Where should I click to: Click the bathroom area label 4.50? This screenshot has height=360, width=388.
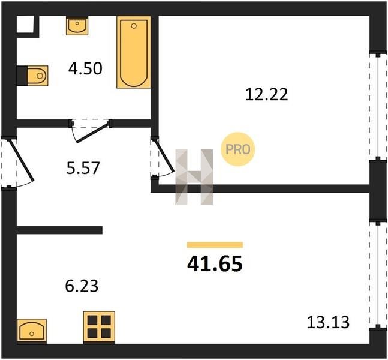point(85,68)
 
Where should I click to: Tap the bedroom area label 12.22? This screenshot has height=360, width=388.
point(266,95)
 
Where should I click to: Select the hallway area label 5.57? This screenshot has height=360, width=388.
point(83,167)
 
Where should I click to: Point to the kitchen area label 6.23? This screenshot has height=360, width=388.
point(82,286)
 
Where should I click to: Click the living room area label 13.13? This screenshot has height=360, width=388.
point(328,322)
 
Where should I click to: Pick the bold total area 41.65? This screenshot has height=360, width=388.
point(215,264)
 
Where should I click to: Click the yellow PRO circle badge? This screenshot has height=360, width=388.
point(238,149)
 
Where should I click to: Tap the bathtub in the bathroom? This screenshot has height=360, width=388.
point(134,52)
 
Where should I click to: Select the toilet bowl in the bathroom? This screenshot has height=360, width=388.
point(37,76)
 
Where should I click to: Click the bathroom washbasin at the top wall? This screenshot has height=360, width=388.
point(77,26)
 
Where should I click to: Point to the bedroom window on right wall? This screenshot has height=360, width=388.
point(378,107)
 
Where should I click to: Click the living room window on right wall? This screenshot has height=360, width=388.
point(378,275)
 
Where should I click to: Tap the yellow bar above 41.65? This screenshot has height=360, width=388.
point(215,245)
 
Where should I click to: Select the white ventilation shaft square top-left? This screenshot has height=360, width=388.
point(25,24)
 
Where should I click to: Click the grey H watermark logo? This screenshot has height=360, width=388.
point(194,177)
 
